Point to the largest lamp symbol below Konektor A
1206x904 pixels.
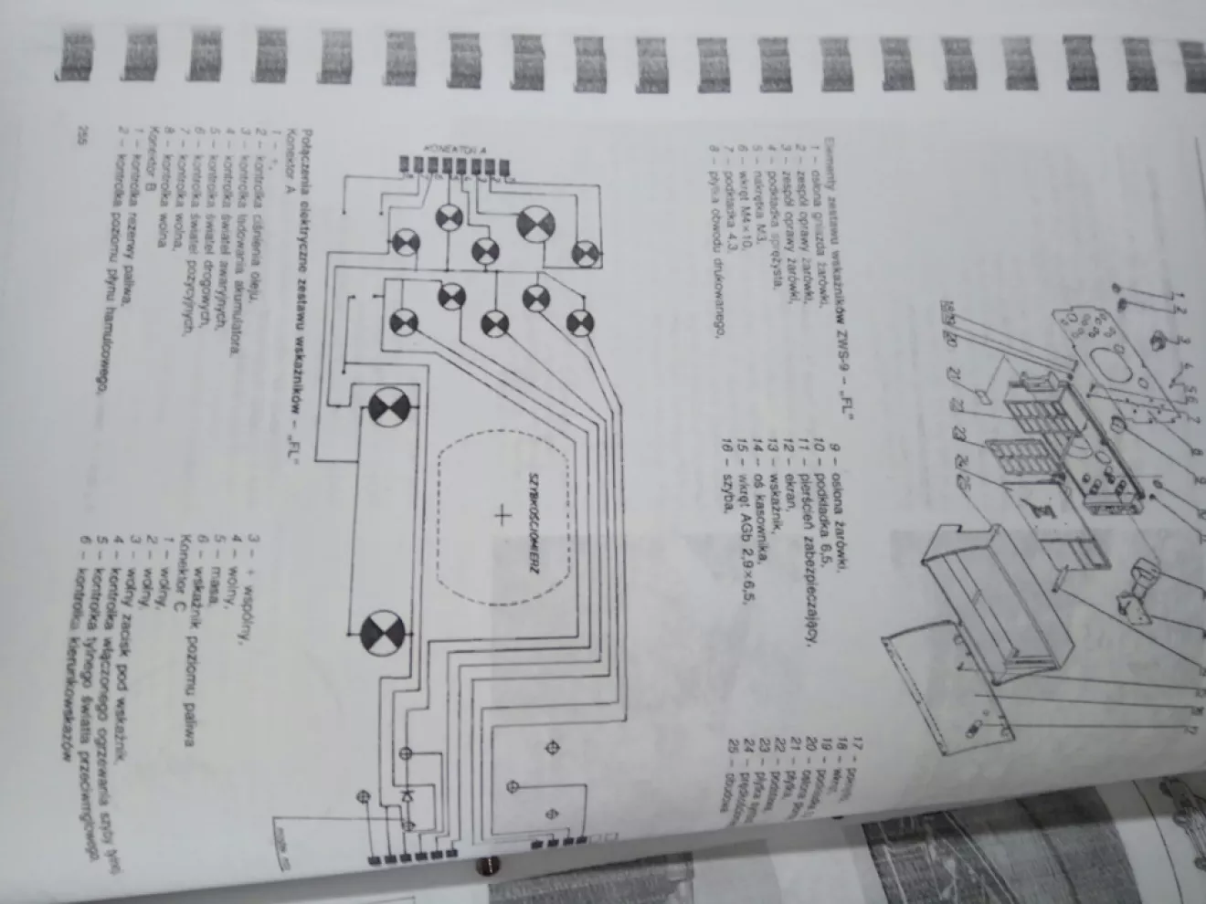pyautogui.click(x=534, y=224)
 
